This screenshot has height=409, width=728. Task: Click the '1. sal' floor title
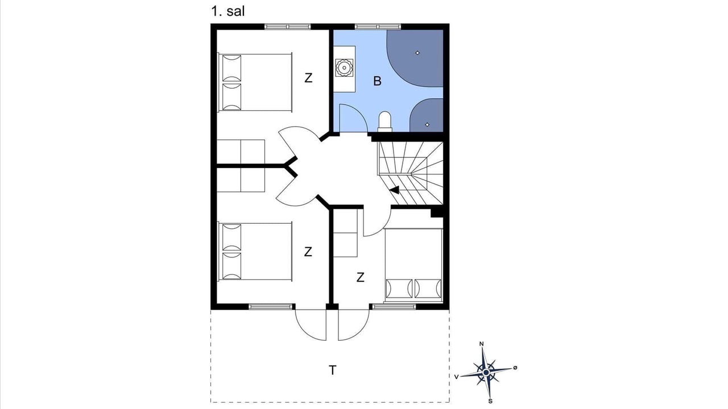click(228, 11)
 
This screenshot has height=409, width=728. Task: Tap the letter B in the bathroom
click(377, 81)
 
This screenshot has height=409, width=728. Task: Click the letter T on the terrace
click(333, 370)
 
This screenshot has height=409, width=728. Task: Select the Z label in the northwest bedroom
click(308, 78)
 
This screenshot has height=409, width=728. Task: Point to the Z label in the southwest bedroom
click(308, 252)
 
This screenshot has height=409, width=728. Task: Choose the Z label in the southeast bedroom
click(360, 278)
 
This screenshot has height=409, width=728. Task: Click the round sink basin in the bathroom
click(344, 68)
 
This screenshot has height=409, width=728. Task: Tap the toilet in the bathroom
click(385, 122)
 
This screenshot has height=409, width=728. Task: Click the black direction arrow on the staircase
click(395, 190)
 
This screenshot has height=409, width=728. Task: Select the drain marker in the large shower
click(417, 53)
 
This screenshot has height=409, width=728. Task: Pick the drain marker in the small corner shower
click(427, 124)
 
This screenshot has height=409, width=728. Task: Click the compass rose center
click(486, 372)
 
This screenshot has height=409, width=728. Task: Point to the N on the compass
click(482, 344)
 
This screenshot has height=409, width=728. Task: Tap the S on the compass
click(490, 401)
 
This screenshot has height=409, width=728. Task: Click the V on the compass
click(457, 377)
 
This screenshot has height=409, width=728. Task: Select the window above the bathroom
click(378, 27)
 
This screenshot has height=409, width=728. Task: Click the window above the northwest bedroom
click(288, 27)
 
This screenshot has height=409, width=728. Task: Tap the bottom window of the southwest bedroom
click(270, 306)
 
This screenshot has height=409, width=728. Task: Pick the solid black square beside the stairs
click(437, 213)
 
